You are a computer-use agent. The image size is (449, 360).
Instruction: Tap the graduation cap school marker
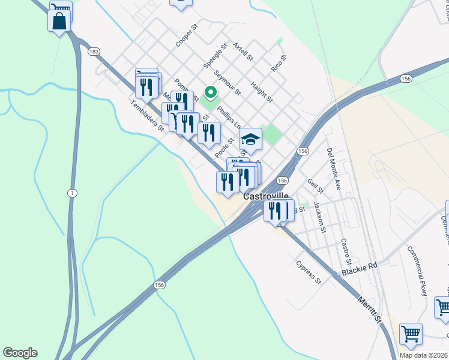[x=250, y=140]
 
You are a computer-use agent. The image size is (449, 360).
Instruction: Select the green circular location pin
[x=210, y=92]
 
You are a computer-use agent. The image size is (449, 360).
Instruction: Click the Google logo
[x=20, y=353]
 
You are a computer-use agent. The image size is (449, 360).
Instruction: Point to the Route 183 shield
[x=93, y=52]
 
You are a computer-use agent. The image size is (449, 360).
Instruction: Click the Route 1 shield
[x=72, y=193]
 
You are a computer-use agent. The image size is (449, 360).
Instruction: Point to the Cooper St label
[x=187, y=36]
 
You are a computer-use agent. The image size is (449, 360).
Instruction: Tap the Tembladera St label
[x=148, y=116]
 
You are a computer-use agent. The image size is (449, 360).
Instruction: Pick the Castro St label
[x=345, y=252]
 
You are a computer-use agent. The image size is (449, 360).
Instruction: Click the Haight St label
[x=262, y=92]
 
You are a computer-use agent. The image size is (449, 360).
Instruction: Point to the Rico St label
[x=279, y=63]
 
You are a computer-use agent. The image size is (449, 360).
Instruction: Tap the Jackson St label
[x=319, y=217]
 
